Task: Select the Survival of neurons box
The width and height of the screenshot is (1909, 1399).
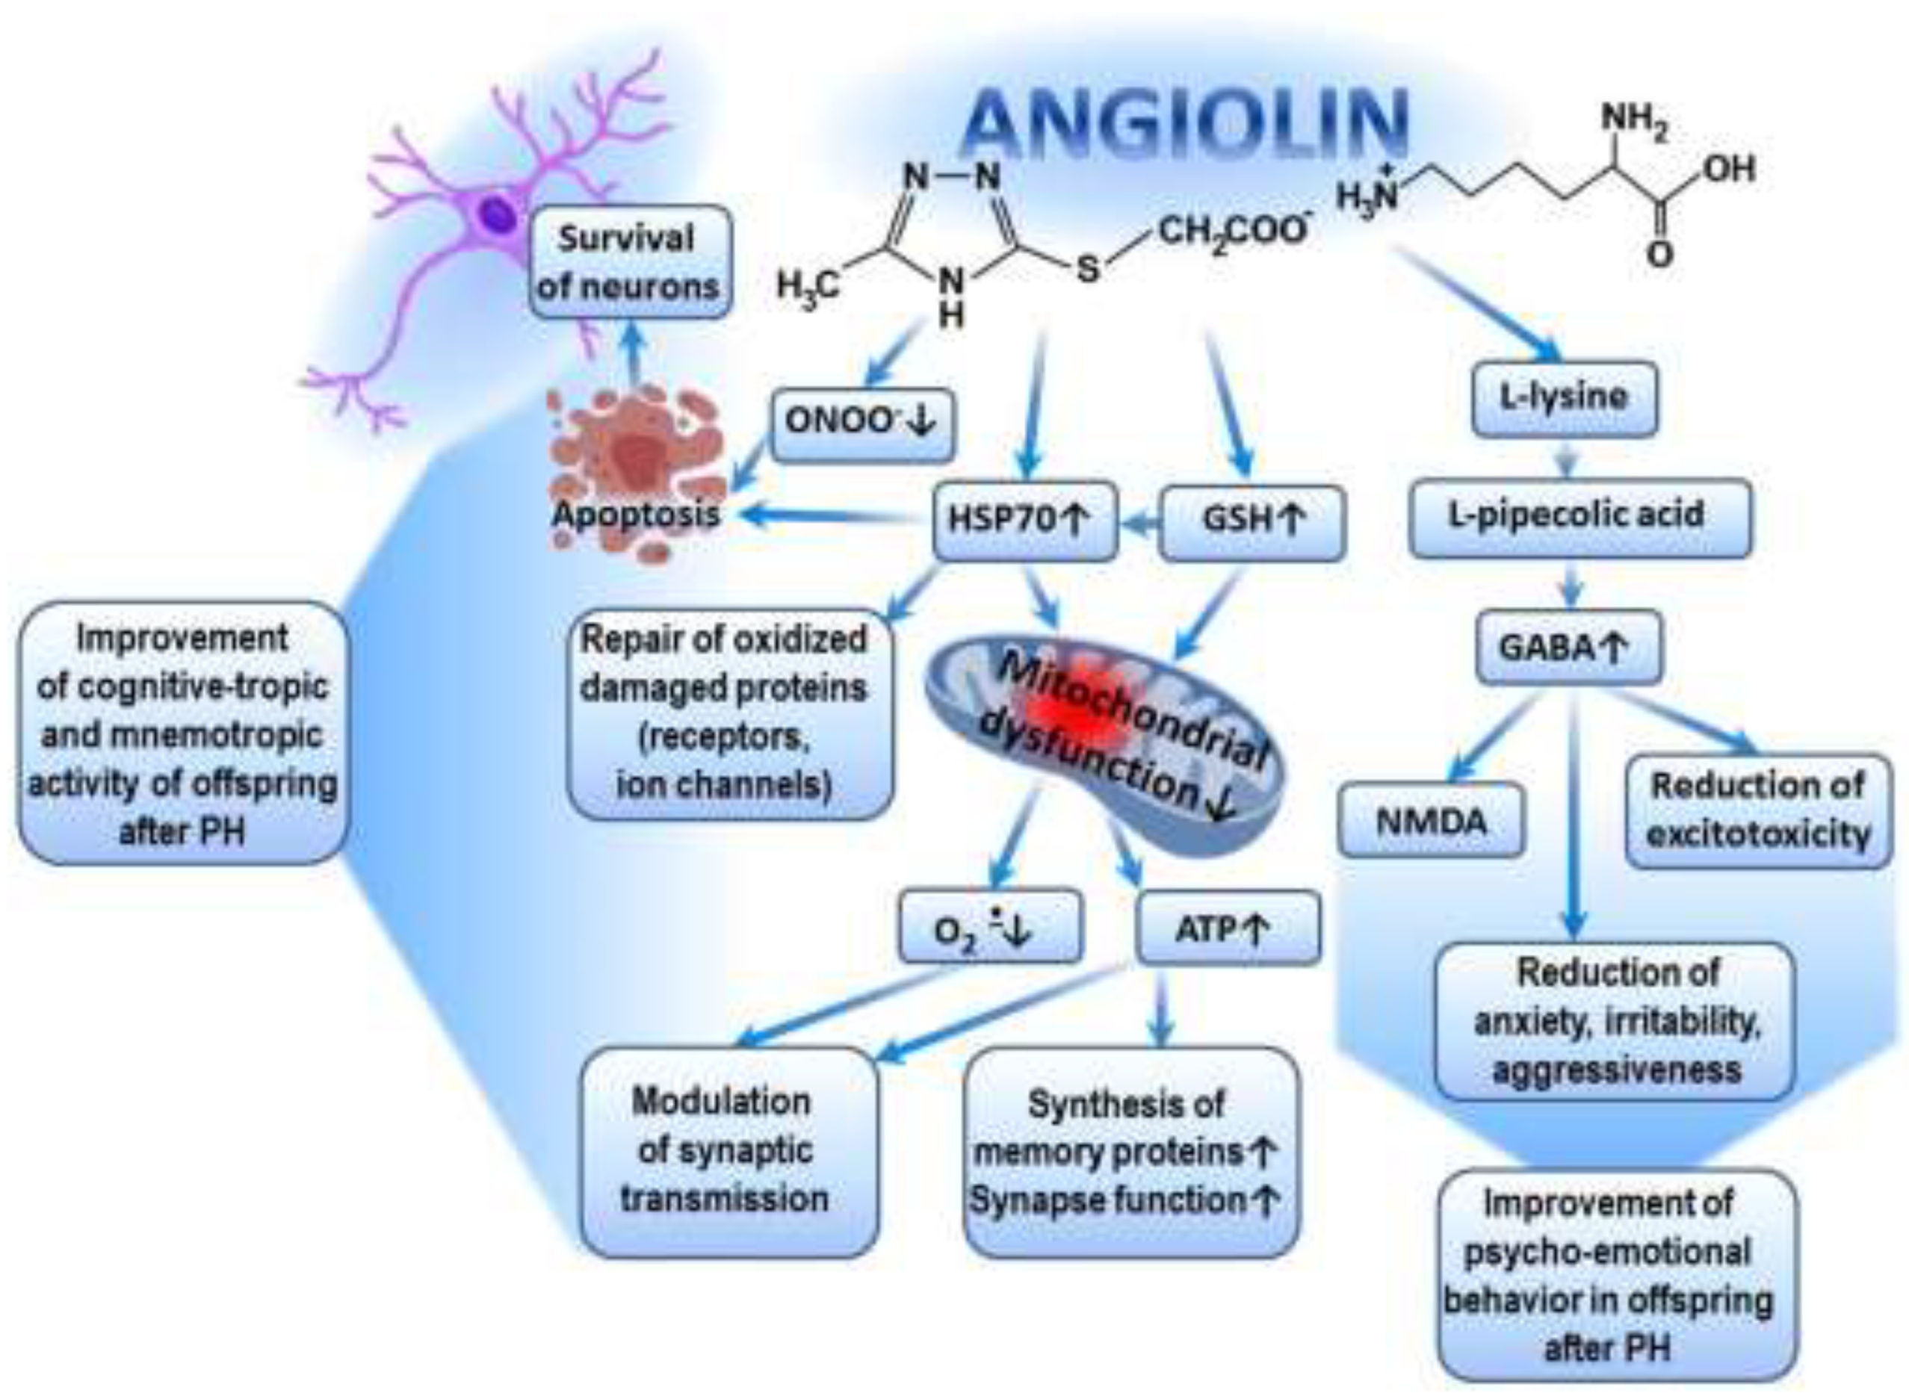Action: (628, 261)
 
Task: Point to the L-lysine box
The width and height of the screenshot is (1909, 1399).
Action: (1564, 398)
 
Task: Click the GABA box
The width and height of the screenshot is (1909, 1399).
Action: (1567, 648)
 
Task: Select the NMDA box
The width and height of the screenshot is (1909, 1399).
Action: (1431, 821)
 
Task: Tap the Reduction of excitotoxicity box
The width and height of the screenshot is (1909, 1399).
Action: (1758, 810)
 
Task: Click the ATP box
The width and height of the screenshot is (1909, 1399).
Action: (1226, 929)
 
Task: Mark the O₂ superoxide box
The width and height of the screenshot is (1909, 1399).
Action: (989, 929)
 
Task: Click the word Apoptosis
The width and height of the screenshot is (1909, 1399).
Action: (636, 515)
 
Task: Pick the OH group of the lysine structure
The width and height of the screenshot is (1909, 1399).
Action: (1727, 170)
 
